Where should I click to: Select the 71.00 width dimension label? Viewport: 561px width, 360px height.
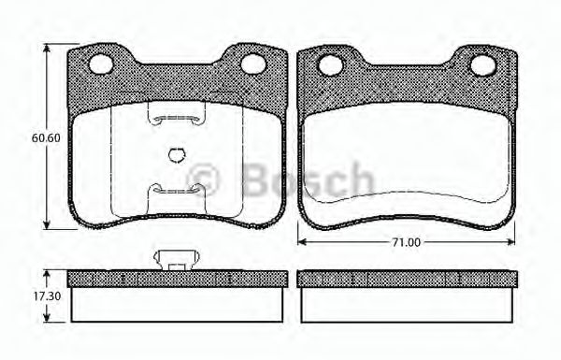[x=406, y=242]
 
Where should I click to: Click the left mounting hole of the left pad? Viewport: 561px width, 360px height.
[x=101, y=64]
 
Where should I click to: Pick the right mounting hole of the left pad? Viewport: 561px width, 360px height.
[x=253, y=64]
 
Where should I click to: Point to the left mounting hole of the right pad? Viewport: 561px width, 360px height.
[x=329, y=65]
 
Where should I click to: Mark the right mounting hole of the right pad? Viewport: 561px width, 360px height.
[x=482, y=65]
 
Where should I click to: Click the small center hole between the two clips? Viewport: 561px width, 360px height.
[x=177, y=155]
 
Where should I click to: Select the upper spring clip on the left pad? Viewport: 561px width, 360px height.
[x=177, y=117]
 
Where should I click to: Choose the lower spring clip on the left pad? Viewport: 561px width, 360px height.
[x=177, y=190]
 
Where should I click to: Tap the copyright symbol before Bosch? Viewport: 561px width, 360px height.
[x=204, y=178]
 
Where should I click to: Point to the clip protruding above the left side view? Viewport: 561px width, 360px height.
[x=177, y=260]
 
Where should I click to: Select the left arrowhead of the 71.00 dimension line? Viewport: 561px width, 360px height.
[x=301, y=242]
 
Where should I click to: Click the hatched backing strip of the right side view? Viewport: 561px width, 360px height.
[x=407, y=279]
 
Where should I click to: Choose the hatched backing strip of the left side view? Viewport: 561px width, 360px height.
[x=177, y=279]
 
